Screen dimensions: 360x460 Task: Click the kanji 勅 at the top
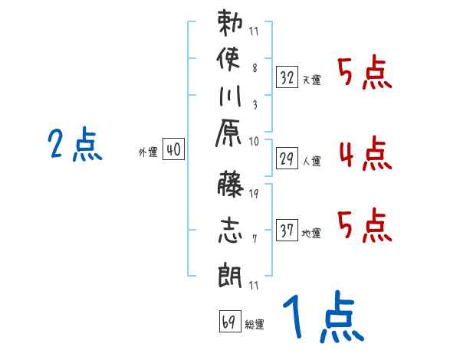click(x=231, y=24)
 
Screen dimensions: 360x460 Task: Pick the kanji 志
click(x=231, y=231)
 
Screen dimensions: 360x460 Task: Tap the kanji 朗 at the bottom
click(x=231, y=272)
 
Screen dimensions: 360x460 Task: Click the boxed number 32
click(x=287, y=77)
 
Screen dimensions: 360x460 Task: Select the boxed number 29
click(x=287, y=159)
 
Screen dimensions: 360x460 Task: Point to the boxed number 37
click(x=287, y=231)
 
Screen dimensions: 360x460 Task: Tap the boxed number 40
click(x=172, y=150)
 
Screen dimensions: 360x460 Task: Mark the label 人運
click(x=312, y=162)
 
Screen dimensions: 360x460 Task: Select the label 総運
click(x=255, y=325)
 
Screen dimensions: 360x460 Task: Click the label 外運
click(x=148, y=152)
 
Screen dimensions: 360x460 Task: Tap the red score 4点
click(x=365, y=154)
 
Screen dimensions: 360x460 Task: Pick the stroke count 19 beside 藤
click(x=253, y=193)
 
